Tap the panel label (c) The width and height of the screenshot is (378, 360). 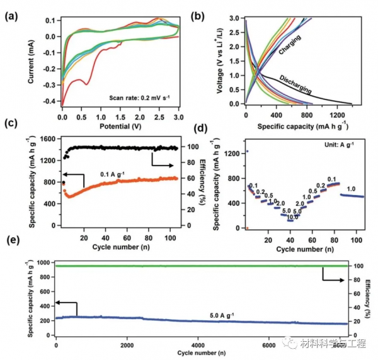point(11,123)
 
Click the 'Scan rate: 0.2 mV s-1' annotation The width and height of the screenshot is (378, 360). point(139,97)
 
